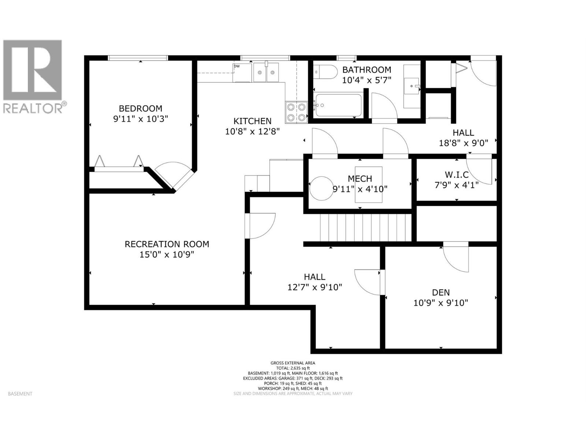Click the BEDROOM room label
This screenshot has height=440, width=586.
(x=140, y=109)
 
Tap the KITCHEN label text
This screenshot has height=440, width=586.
(x=252, y=121)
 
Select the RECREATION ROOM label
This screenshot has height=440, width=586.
(x=167, y=244)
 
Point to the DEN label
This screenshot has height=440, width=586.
(x=441, y=293)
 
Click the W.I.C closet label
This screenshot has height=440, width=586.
(x=456, y=175)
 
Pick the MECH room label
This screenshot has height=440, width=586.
(x=360, y=179)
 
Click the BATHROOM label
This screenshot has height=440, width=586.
(x=366, y=70)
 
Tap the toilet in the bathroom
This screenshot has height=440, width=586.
(x=326, y=72)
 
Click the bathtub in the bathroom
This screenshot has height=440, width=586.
(x=338, y=106)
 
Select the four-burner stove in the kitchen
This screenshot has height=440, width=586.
(x=296, y=112)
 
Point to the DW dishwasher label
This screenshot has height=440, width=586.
(x=237, y=66)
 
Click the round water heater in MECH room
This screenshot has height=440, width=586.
(x=321, y=188)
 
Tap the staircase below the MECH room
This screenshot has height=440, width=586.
(x=366, y=228)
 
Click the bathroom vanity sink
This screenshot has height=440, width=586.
(x=412, y=87)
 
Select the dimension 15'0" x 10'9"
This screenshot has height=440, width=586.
(x=167, y=254)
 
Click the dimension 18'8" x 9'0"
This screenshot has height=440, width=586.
(x=463, y=143)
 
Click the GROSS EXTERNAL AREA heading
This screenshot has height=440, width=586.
(x=293, y=363)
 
